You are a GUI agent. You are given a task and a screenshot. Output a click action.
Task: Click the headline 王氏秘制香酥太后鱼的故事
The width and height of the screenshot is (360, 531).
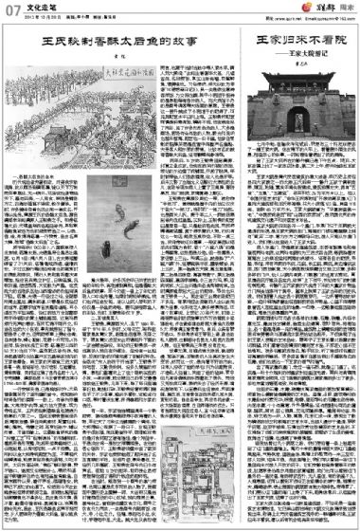[x=118, y=44]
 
